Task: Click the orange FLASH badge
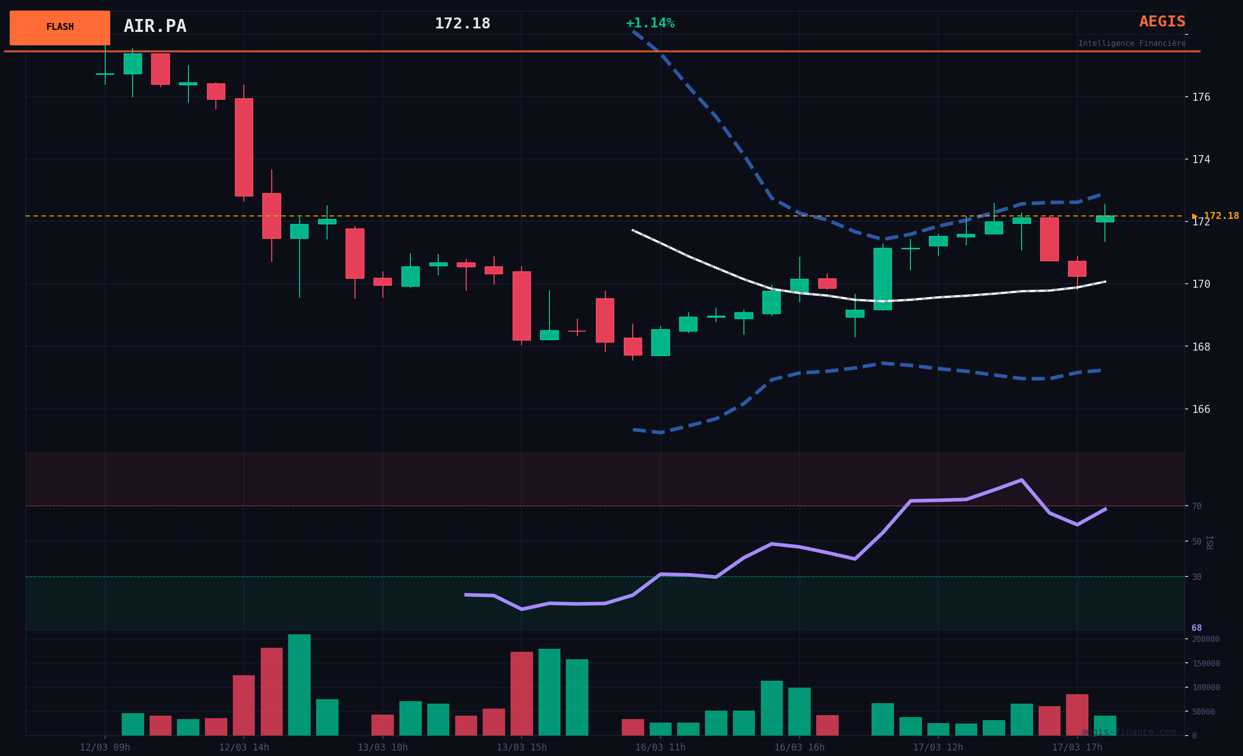coord(59,27)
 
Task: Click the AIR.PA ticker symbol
coord(155,26)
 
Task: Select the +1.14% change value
coord(650,23)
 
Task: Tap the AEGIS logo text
coord(1162,22)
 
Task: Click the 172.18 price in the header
coord(462,24)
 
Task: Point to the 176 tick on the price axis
coord(1201,97)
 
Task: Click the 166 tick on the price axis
coord(1201,409)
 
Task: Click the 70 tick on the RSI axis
coord(1197,506)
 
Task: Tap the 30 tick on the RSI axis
coord(1197,577)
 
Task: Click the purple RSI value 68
coord(1197,628)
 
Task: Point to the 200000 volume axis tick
coord(1205,639)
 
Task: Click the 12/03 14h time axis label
coord(244,748)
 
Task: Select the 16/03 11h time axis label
coord(660,748)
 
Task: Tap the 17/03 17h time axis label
coord(1077,748)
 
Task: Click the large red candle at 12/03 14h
coord(244,148)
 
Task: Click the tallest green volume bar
coord(299,685)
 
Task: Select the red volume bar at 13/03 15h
coord(521,694)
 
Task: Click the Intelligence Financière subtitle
coord(1131,43)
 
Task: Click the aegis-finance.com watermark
coord(1128,732)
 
